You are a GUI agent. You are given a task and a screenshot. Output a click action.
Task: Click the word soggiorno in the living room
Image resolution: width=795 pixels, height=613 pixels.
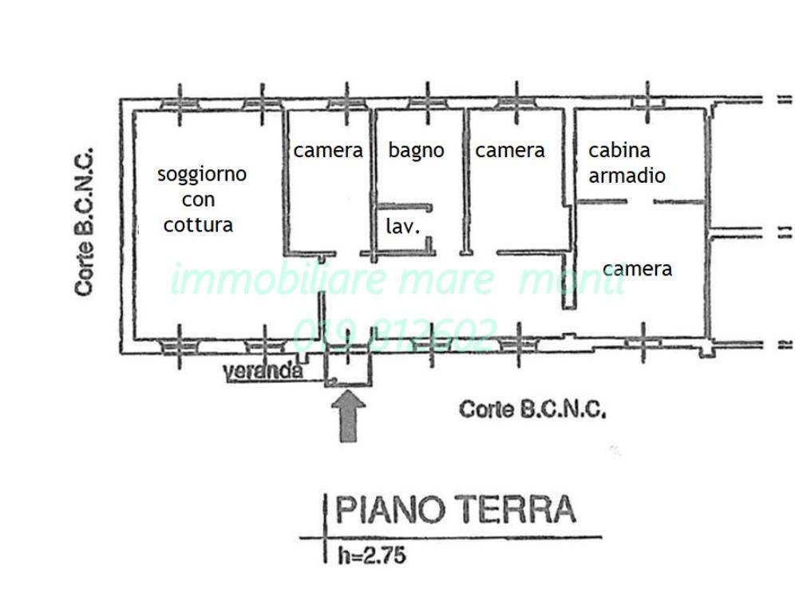coord(201,174)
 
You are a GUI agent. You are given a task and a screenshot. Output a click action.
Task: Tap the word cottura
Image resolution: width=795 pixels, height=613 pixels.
coord(198,225)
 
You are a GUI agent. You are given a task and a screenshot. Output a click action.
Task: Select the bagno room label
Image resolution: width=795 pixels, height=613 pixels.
coord(416,150)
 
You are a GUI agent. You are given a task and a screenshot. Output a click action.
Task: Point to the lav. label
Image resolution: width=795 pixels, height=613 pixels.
coord(403,227)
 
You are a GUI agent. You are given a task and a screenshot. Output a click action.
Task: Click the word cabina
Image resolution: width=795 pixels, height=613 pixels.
coord(619,150)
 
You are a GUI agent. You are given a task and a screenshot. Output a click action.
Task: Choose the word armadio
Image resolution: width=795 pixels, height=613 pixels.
coord(627,175)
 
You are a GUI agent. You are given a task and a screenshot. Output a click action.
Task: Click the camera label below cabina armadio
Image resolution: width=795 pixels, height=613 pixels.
coord(637,269)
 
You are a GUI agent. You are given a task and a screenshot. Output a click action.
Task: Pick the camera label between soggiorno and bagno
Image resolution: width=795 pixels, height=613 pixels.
coord(327,150)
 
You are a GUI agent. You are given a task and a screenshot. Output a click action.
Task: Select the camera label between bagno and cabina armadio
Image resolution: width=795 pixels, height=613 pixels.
coord(509,150)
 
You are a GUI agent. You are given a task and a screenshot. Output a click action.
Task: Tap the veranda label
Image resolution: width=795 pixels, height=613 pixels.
coord(263,371)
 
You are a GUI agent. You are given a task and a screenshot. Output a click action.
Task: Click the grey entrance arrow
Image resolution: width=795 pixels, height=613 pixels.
coord(348,414)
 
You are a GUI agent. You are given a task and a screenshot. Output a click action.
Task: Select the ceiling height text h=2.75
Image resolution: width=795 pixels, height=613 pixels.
coord(370,555)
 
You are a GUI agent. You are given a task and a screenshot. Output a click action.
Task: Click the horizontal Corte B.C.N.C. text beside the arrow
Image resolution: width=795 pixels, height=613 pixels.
coord(532,409)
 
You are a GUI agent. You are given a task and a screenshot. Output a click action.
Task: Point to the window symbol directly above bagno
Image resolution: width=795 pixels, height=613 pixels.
coord(427,102)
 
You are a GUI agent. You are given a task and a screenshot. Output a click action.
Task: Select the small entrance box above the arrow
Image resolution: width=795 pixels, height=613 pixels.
coord(349,367)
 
